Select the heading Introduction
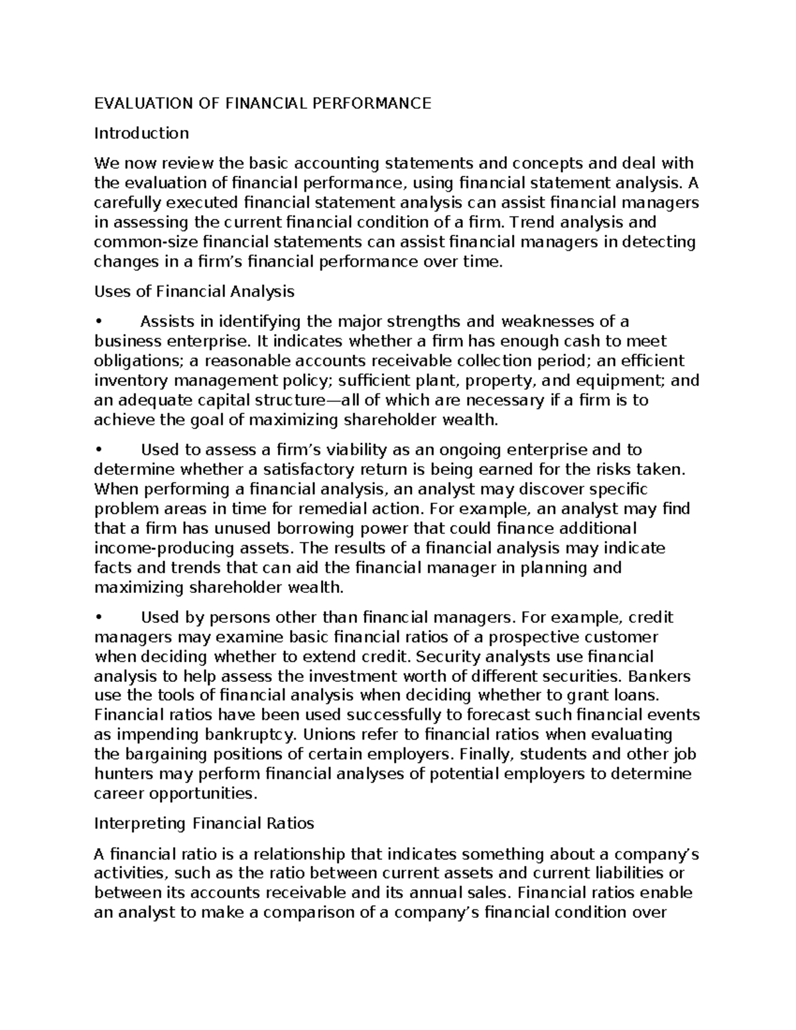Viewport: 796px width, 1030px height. coord(141,133)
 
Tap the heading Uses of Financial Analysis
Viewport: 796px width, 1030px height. coord(194,291)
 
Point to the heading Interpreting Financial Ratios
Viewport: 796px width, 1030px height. coord(204,824)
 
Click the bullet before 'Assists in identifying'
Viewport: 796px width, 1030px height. coord(98,322)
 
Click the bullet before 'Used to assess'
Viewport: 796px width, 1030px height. coord(98,450)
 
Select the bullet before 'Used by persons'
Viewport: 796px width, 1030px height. coord(98,618)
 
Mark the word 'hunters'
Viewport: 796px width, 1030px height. coord(121,775)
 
